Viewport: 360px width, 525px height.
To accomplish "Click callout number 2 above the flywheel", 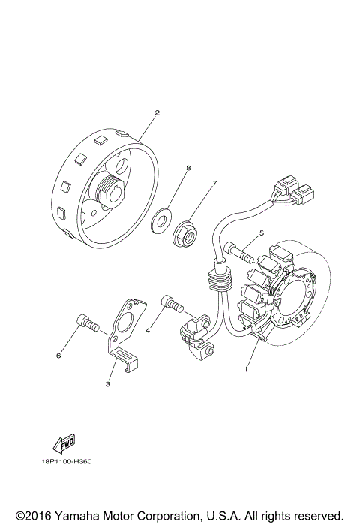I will click(157, 113).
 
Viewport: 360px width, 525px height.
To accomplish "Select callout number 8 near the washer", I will click(189, 169).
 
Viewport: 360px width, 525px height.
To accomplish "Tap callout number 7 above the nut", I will click(214, 183).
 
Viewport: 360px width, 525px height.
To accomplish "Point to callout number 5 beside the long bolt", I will click(261, 234).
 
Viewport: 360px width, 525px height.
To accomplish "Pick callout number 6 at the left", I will click(58, 355).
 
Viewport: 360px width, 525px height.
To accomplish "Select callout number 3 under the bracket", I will click(108, 383).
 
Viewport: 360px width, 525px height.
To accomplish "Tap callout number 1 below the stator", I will click(244, 369).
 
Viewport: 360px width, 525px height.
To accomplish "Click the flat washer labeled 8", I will click(159, 221).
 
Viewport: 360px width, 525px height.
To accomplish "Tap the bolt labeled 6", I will click(88, 325).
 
